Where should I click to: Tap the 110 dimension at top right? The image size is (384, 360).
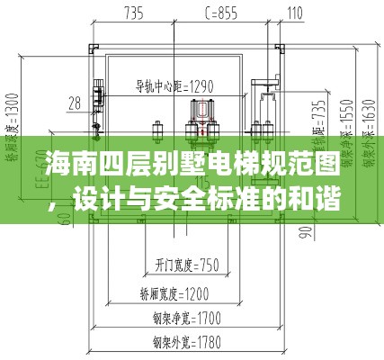(294, 13)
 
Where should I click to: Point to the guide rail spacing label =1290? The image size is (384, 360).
(174, 87)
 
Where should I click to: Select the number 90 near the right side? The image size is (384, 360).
(307, 233)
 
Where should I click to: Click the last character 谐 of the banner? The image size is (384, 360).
(357, 197)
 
